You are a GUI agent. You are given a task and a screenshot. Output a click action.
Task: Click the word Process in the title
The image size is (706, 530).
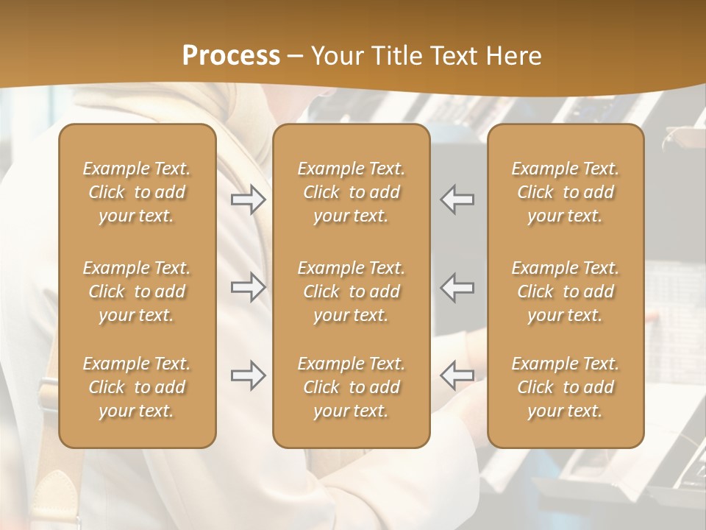(231, 56)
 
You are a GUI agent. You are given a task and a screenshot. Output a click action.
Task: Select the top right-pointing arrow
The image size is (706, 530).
(249, 199)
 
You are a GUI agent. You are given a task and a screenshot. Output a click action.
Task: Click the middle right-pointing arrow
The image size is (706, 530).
(249, 287)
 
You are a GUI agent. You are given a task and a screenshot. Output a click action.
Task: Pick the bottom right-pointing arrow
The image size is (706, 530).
(249, 375)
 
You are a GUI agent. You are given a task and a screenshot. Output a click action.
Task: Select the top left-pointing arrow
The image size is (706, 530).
(457, 199)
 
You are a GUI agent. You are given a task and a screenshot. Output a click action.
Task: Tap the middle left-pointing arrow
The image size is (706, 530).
(457, 287)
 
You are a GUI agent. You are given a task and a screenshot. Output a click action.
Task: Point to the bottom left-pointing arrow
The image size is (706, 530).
(457, 375)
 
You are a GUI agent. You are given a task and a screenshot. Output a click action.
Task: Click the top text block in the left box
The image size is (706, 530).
(137, 192)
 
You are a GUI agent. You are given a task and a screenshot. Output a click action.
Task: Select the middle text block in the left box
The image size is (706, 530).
(137, 291)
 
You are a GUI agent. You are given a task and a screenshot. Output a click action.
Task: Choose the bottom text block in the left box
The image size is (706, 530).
(137, 387)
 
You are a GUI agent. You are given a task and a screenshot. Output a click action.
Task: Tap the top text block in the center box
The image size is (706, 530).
(351, 192)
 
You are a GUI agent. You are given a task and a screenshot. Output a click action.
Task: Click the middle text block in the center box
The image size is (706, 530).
(351, 291)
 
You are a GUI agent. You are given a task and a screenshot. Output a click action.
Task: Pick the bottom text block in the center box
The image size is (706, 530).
(351, 387)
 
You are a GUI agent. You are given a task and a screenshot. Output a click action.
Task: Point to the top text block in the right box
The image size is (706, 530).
(565, 192)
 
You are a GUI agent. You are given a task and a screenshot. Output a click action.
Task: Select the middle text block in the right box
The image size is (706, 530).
(565, 291)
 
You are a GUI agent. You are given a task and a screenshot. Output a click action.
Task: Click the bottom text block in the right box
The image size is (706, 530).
(565, 387)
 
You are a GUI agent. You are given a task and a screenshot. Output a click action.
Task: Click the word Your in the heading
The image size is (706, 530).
(338, 56)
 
